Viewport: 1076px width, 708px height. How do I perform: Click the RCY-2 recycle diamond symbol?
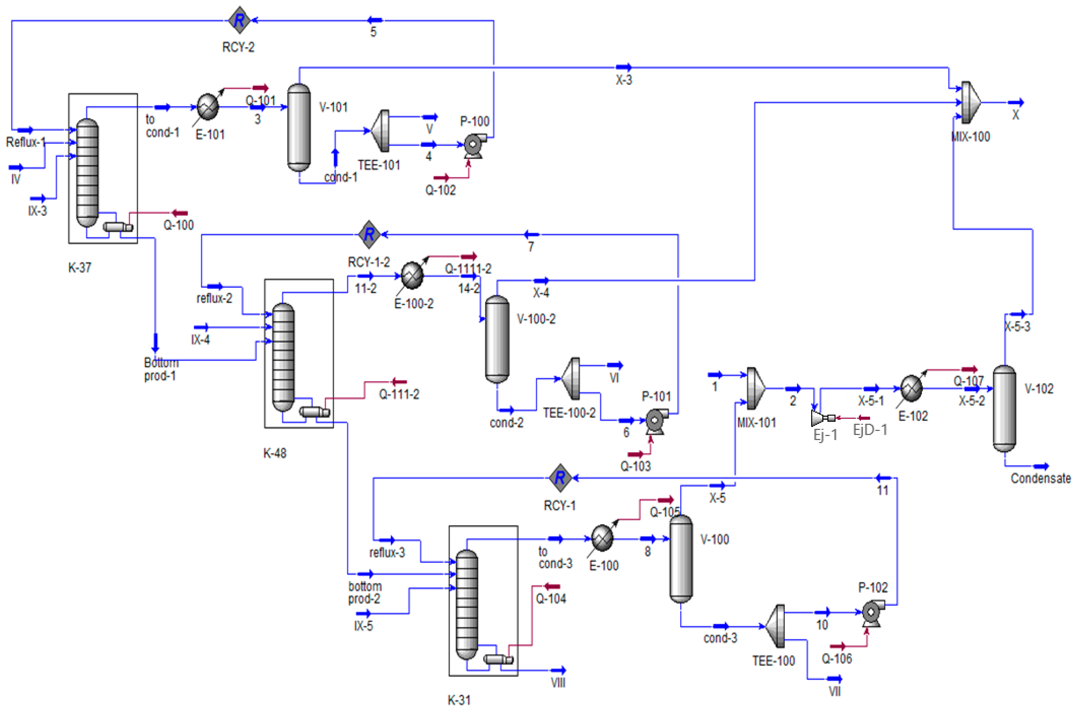coord(239,20)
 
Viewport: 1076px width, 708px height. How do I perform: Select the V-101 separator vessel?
coord(299,128)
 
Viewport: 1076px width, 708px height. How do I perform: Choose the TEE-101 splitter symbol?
coord(381,131)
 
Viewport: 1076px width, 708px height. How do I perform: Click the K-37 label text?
coord(80,268)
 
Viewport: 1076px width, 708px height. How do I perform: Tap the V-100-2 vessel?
coord(497,339)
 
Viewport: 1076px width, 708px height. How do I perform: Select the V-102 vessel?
coord(1004,409)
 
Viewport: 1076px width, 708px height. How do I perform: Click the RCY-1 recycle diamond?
coord(560,478)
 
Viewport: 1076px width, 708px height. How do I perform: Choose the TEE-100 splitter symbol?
coord(776,627)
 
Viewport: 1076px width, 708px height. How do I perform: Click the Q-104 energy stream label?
coord(551,599)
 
